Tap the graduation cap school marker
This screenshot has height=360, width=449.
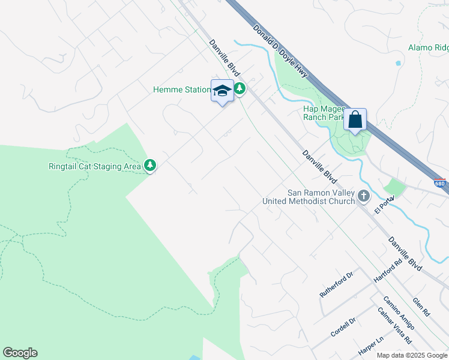[x=222, y=91]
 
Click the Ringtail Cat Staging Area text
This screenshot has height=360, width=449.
[x=95, y=166]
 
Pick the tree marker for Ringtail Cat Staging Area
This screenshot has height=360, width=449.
[x=150, y=166]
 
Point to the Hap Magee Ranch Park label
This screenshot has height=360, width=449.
[x=324, y=113]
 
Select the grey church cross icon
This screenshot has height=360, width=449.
[x=364, y=196]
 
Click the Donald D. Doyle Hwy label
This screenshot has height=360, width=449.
[x=280, y=51]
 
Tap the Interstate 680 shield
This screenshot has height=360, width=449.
[x=440, y=184]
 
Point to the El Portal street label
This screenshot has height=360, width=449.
[x=384, y=205]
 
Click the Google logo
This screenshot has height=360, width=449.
[x=20, y=353]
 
